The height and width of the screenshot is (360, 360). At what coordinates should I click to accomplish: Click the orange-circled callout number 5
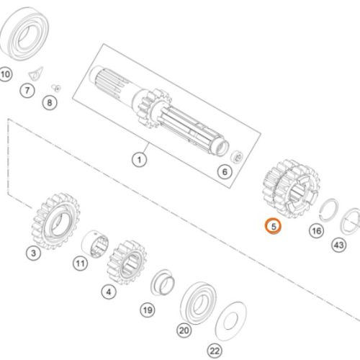(273, 226)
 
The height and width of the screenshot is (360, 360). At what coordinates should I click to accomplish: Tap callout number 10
(5, 74)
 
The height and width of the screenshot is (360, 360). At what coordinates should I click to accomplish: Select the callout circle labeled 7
(27, 91)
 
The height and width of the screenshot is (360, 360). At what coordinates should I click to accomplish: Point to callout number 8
(50, 103)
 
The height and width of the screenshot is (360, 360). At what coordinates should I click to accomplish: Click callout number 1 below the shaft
(139, 159)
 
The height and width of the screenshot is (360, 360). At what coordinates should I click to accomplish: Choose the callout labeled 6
(225, 172)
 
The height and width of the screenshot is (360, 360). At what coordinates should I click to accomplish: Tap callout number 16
(316, 231)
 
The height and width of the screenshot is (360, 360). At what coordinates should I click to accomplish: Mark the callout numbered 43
(338, 245)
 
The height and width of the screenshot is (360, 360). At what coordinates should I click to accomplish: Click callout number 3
(33, 253)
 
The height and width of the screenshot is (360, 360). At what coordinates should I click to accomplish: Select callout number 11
(80, 264)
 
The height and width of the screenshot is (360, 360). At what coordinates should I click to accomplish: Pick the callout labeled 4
(109, 292)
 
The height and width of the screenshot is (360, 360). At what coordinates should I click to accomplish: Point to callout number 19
(148, 310)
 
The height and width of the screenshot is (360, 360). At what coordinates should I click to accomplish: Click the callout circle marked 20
(184, 330)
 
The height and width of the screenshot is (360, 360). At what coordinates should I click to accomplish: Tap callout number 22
(215, 351)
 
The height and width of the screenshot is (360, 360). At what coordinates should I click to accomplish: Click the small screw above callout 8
(56, 88)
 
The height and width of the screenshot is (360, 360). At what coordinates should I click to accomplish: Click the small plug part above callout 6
(237, 156)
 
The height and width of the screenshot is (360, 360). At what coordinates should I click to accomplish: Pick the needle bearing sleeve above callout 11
(95, 244)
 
